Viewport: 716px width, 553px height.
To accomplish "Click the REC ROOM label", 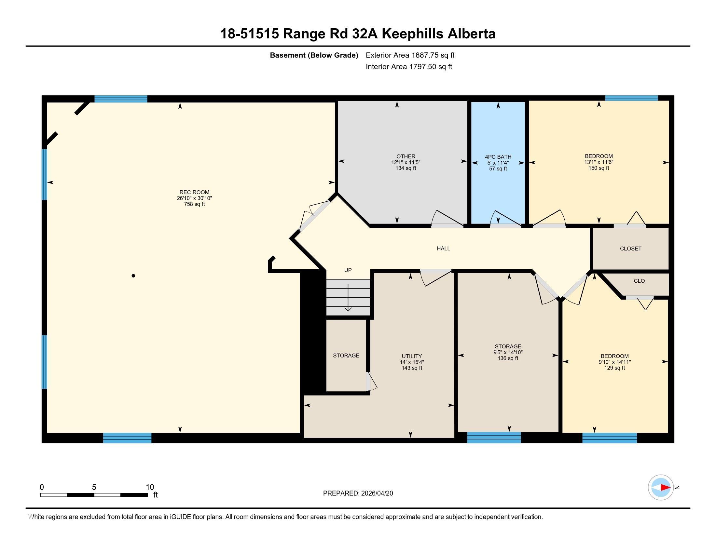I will pyautogui.click(x=194, y=192).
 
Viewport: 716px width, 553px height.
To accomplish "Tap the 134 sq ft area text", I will pyautogui.click(x=406, y=169).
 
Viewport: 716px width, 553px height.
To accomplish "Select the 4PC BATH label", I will pyautogui.click(x=498, y=157).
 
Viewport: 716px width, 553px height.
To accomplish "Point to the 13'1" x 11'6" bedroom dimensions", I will pyautogui.click(x=598, y=162).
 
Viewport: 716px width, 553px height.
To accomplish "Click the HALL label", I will pyautogui.click(x=443, y=249).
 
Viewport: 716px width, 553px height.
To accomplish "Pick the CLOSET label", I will pyautogui.click(x=630, y=249).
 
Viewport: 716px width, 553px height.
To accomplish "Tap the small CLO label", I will pyautogui.click(x=639, y=281).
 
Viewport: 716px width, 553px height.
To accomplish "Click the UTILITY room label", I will pyautogui.click(x=412, y=357).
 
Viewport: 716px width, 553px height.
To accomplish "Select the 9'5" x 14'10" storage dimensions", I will pyautogui.click(x=508, y=353).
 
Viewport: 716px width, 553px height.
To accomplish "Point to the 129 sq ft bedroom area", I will pyautogui.click(x=614, y=368).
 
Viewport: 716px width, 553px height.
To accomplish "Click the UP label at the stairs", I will pyautogui.click(x=348, y=270).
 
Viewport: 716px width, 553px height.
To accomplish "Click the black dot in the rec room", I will pyautogui.click(x=133, y=276).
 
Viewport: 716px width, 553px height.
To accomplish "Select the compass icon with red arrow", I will pyautogui.click(x=661, y=488).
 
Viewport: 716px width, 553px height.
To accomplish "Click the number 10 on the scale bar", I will pyautogui.click(x=150, y=487).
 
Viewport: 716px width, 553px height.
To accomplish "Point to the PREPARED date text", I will pyautogui.click(x=358, y=493).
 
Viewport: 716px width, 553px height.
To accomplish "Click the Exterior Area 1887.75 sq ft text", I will pyautogui.click(x=410, y=55).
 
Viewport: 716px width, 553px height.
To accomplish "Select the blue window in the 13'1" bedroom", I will pyautogui.click(x=631, y=98).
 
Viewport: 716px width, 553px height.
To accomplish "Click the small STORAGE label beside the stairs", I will pyautogui.click(x=346, y=356).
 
